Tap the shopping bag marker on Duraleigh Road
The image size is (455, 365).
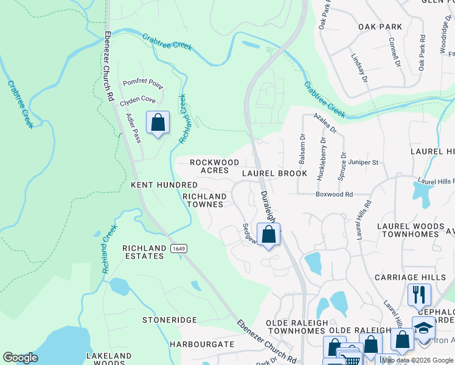(x=268, y=234)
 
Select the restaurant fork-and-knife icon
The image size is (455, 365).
(x=419, y=295)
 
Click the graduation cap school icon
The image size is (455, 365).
(x=423, y=328)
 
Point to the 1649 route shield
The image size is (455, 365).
(x=178, y=248)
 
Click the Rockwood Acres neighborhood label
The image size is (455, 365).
(x=214, y=166)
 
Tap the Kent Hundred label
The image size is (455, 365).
(x=164, y=184)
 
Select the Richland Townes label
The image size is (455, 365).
(x=204, y=200)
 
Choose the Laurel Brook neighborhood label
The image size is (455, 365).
(x=274, y=173)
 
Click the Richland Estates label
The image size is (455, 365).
(x=144, y=252)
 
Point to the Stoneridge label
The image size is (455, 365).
(x=170, y=319)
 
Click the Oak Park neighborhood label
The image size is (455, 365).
(x=380, y=27)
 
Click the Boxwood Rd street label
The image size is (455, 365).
(x=334, y=195)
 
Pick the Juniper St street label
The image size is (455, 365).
(x=364, y=162)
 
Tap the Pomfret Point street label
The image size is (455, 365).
(x=143, y=82)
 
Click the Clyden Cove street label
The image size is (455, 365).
(x=137, y=100)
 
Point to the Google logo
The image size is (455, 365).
(x=20, y=357)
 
